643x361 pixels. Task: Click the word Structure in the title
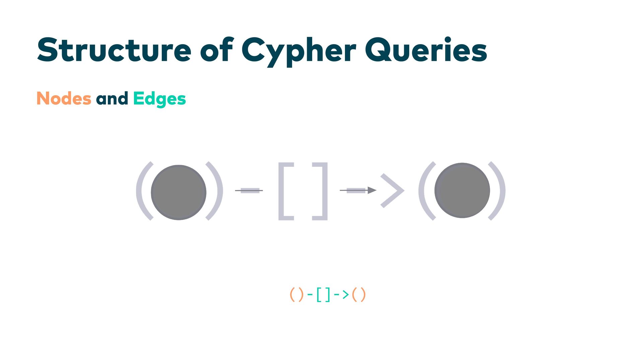[x=114, y=50]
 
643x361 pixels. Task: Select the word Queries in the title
[x=426, y=50]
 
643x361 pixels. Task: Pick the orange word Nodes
[x=64, y=99]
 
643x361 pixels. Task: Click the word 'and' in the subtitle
[x=112, y=99]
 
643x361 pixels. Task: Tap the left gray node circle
[x=178, y=192]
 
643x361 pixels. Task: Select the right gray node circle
[x=462, y=190]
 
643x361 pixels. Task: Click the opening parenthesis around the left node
[x=143, y=191]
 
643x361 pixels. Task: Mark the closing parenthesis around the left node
[x=216, y=191]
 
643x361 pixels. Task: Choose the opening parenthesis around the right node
[x=425, y=191]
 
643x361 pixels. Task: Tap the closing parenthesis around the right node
[x=499, y=191]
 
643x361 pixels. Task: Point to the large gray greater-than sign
[x=394, y=191]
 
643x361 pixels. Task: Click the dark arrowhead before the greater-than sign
[x=372, y=190]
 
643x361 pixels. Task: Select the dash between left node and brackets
[x=249, y=191]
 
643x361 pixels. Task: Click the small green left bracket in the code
[x=318, y=294]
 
